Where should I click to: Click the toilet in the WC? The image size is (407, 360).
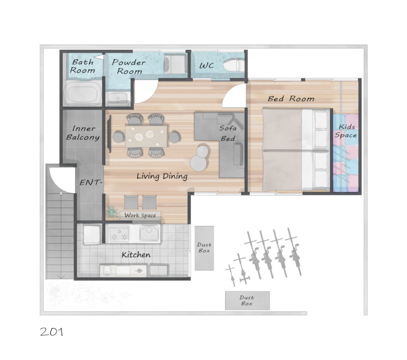pos(233,64)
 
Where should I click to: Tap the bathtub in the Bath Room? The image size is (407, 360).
pos(83,93)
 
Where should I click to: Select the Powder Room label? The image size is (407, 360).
pos(129,67)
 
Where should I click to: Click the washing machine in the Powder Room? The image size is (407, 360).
pos(175,64)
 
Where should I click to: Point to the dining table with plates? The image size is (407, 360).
pos(146,136)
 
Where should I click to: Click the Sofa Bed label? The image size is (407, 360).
pos(228,133)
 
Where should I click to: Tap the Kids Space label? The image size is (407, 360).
pos(346,131)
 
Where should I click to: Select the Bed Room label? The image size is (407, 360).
pos(291,99)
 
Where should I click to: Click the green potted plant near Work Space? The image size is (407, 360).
pos(112,211)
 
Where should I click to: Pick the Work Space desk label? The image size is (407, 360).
pos(140,215)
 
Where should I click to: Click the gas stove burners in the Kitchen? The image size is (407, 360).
pos(119,233)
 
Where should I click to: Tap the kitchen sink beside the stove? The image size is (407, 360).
pos(149,233)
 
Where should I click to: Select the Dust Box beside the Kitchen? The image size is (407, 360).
pos(204,248)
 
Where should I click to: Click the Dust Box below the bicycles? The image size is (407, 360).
pos(247,300)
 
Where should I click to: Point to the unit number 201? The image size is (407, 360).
pos(51,332)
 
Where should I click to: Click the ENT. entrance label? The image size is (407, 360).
pos(90,183)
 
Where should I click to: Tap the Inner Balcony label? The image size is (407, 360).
pos(83,133)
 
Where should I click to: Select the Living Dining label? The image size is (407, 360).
pos(162,176)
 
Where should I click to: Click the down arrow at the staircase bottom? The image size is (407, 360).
pos(60,277)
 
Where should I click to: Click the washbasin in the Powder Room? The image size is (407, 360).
pos(118,98)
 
